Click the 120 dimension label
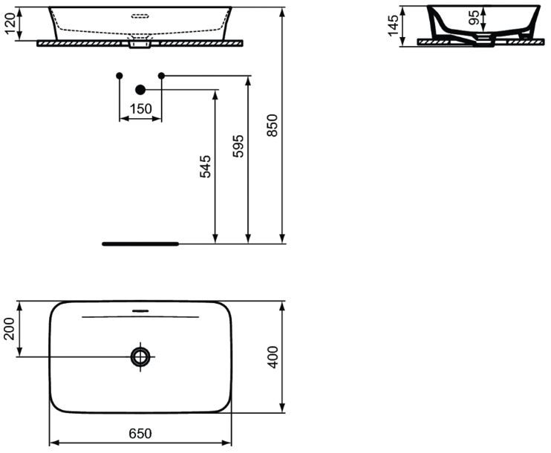click(x=10, y=23)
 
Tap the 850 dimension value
click(x=273, y=125)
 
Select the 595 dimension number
click(x=238, y=146)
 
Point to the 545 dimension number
click(x=205, y=166)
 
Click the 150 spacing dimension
click(x=141, y=108)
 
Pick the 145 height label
click(x=394, y=25)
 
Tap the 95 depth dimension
click(x=474, y=17)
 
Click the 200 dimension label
click(x=9, y=328)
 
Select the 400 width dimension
click(x=273, y=357)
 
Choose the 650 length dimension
click(x=140, y=433)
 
